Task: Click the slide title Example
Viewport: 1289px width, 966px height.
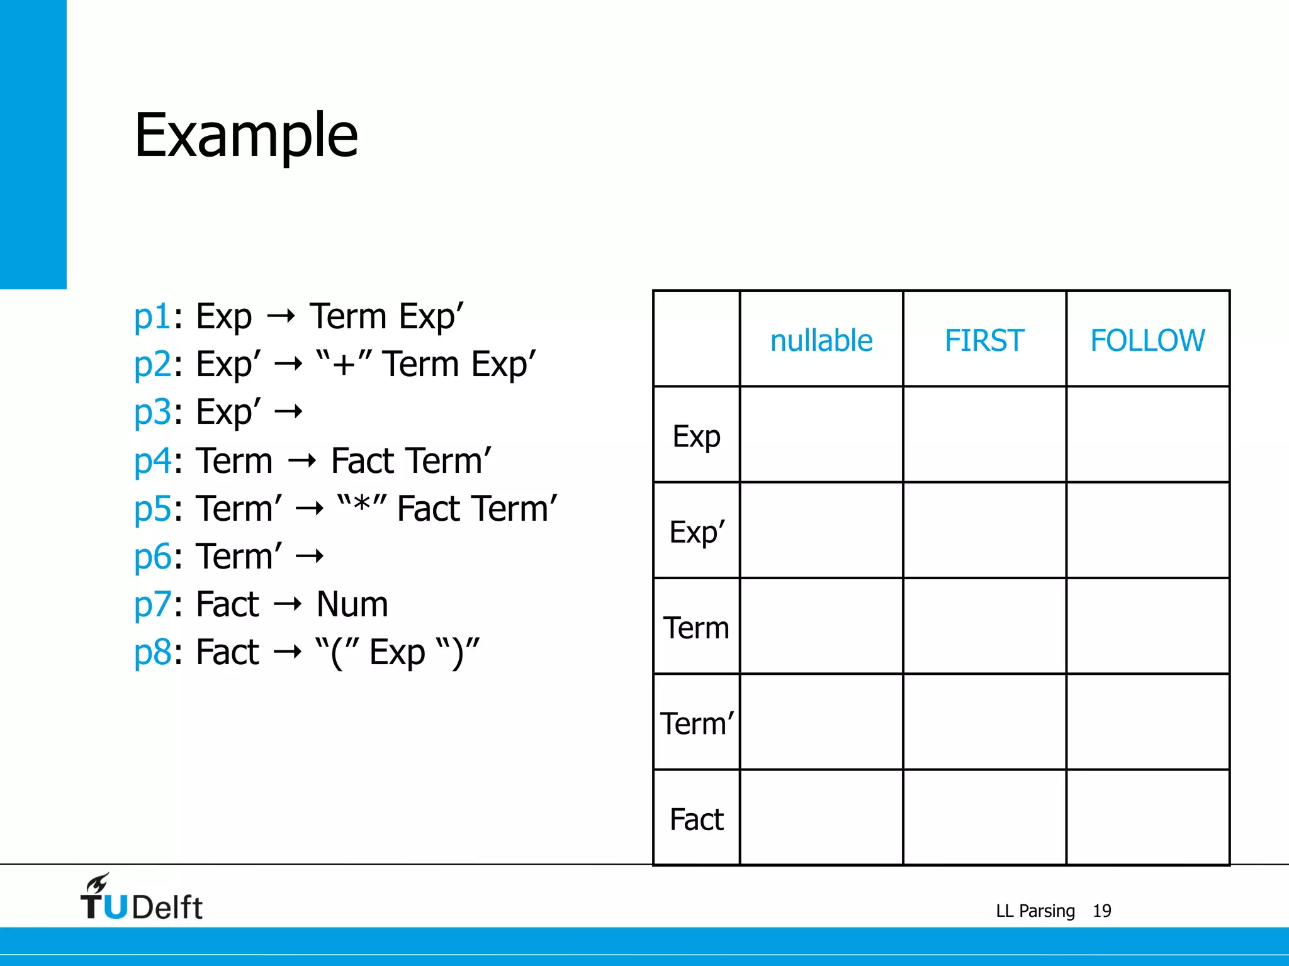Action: pyautogui.click(x=246, y=136)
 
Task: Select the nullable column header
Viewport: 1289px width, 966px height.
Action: pyautogui.click(x=821, y=340)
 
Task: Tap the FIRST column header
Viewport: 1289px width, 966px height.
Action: pyautogui.click(x=984, y=340)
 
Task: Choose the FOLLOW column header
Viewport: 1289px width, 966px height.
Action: pyautogui.click(x=1147, y=340)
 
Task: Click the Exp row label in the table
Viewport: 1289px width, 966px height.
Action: pyautogui.click(x=696, y=436)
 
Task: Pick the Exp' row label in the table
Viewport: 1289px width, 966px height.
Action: pyautogui.click(x=697, y=532)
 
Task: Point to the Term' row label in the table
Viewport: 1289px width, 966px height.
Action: pyautogui.click(x=697, y=723)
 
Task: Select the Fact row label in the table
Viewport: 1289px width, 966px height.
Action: pyautogui.click(x=696, y=819)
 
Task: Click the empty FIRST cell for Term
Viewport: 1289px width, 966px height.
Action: pyautogui.click(x=984, y=626)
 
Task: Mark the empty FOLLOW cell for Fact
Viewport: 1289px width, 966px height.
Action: pyautogui.click(x=1147, y=818)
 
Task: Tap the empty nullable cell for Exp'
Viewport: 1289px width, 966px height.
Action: pyautogui.click(x=821, y=530)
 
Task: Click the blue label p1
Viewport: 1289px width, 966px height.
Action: pyautogui.click(x=152, y=316)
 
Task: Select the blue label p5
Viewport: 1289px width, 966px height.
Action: pyautogui.click(x=152, y=509)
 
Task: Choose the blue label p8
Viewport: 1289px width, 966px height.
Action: pyautogui.click(x=152, y=652)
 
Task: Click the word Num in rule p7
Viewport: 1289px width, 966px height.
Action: pyautogui.click(x=352, y=604)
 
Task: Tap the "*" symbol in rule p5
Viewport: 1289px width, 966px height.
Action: pyautogui.click(x=361, y=507)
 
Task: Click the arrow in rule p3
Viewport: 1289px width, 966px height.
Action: pyautogui.click(x=290, y=413)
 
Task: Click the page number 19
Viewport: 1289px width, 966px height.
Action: pyautogui.click(x=1101, y=911)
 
